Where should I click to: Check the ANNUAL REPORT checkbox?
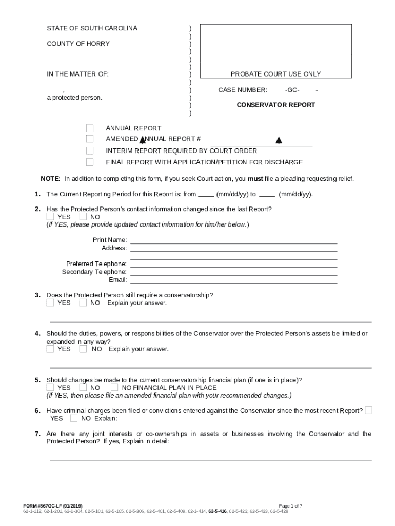(x=90, y=128)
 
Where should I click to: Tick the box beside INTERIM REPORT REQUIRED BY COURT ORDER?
(x=90, y=151)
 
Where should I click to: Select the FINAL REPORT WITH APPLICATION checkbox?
(x=90, y=162)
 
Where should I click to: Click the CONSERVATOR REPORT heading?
(x=275, y=105)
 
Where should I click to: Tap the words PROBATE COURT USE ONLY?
(x=275, y=74)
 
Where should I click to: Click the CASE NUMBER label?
(x=243, y=90)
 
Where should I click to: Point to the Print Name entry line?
(x=234, y=241)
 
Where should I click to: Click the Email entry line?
(x=234, y=281)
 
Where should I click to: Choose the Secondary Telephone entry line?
(x=234, y=274)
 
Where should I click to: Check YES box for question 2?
(x=50, y=216)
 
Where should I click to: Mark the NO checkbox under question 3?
(x=83, y=303)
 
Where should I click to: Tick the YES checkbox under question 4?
(x=50, y=349)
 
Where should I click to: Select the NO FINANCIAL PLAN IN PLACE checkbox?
(x=114, y=387)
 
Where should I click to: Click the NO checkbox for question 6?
(x=74, y=418)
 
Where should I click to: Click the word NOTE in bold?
(x=50, y=179)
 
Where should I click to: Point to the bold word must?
(x=255, y=179)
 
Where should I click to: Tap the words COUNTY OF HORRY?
(x=78, y=44)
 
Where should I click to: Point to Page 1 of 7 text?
(x=290, y=506)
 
